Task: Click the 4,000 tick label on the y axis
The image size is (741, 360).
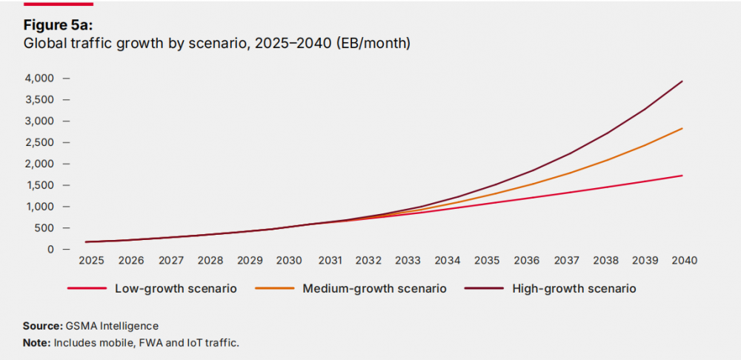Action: pyautogui.click(x=40, y=78)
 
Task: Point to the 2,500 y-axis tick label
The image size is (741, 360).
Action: pyautogui.click(x=40, y=142)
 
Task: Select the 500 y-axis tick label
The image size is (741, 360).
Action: pyautogui.click(x=46, y=227)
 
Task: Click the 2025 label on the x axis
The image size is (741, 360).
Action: pyautogui.click(x=92, y=261)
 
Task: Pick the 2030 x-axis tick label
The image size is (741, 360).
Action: pyautogui.click(x=289, y=261)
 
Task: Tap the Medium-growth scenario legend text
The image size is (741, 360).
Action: pyautogui.click(x=374, y=289)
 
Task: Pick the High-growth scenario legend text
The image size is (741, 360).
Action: pyautogui.click(x=574, y=289)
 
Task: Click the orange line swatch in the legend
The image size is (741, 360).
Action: pyautogui.click(x=273, y=289)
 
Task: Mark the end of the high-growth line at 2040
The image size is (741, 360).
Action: pyautogui.click(x=682, y=81)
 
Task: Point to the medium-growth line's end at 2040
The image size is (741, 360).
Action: pyautogui.click(x=682, y=128)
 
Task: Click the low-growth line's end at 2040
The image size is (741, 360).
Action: pyautogui.click(x=682, y=176)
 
